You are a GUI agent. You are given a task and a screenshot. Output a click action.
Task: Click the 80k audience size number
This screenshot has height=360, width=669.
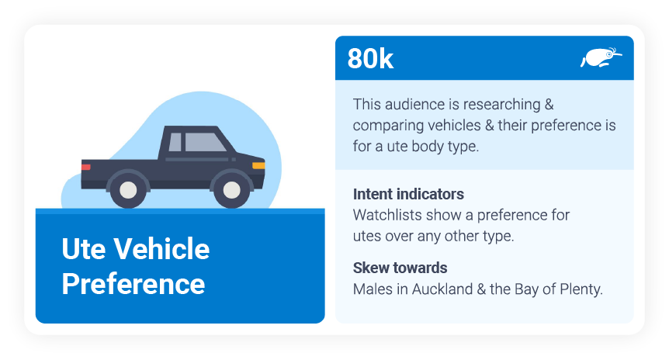click(370, 59)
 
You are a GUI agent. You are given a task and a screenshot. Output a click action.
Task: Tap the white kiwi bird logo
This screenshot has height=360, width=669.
click(601, 57)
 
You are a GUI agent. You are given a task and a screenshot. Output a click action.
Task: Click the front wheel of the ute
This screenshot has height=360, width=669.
click(231, 189)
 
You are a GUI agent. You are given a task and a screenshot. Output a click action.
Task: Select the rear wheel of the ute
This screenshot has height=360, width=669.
click(127, 189)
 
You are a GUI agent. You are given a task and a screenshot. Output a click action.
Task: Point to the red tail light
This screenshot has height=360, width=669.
click(85, 167)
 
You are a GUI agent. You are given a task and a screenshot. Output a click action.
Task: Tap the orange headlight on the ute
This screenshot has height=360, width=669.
click(258, 165)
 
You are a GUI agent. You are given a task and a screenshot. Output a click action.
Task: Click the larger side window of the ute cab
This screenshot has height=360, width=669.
click(204, 142)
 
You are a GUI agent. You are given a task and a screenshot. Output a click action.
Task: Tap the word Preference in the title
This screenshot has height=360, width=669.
click(133, 283)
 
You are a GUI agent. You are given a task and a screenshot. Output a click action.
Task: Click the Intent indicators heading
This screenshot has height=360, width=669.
click(408, 194)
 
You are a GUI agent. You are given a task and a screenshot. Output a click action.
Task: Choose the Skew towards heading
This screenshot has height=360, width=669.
click(400, 268)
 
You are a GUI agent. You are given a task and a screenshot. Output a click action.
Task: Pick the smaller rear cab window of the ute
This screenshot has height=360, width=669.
click(175, 142)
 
